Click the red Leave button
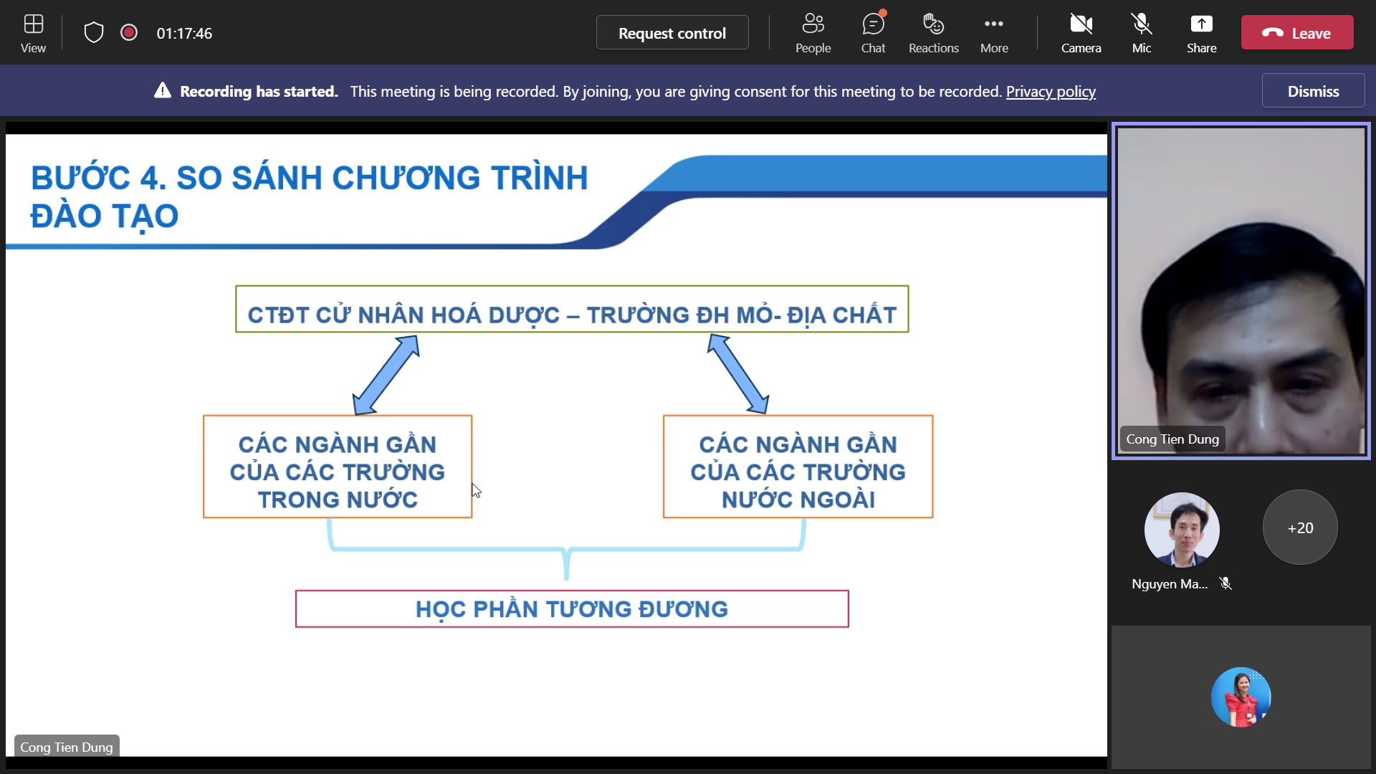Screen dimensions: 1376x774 pos(1297,33)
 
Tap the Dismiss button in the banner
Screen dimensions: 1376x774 pos(1313,91)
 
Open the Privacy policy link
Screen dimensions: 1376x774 pos(1051,92)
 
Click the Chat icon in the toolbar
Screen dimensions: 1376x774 pos(873,24)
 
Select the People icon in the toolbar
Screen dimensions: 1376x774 pos(813,24)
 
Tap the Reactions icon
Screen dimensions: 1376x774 pos(933,24)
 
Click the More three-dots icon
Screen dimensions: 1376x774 pos(994,24)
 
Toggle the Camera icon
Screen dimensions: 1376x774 pos(1081,24)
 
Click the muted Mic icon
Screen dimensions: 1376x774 pos(1142,24)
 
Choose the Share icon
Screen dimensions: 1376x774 pos(1201,24)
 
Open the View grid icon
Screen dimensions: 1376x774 pos(33,24)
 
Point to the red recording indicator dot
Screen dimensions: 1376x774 pos(129,32)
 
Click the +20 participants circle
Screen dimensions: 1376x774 pos(1300,527)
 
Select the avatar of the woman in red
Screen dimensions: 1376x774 pos(1241,697)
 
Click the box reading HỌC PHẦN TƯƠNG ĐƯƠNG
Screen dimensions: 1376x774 pos(572,609)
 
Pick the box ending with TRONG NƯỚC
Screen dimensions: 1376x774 pos(338,467)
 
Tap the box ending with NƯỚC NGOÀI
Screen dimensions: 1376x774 pos(798,467)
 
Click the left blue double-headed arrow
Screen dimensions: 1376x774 pos(386,375)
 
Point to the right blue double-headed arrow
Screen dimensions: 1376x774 pos(738,374)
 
